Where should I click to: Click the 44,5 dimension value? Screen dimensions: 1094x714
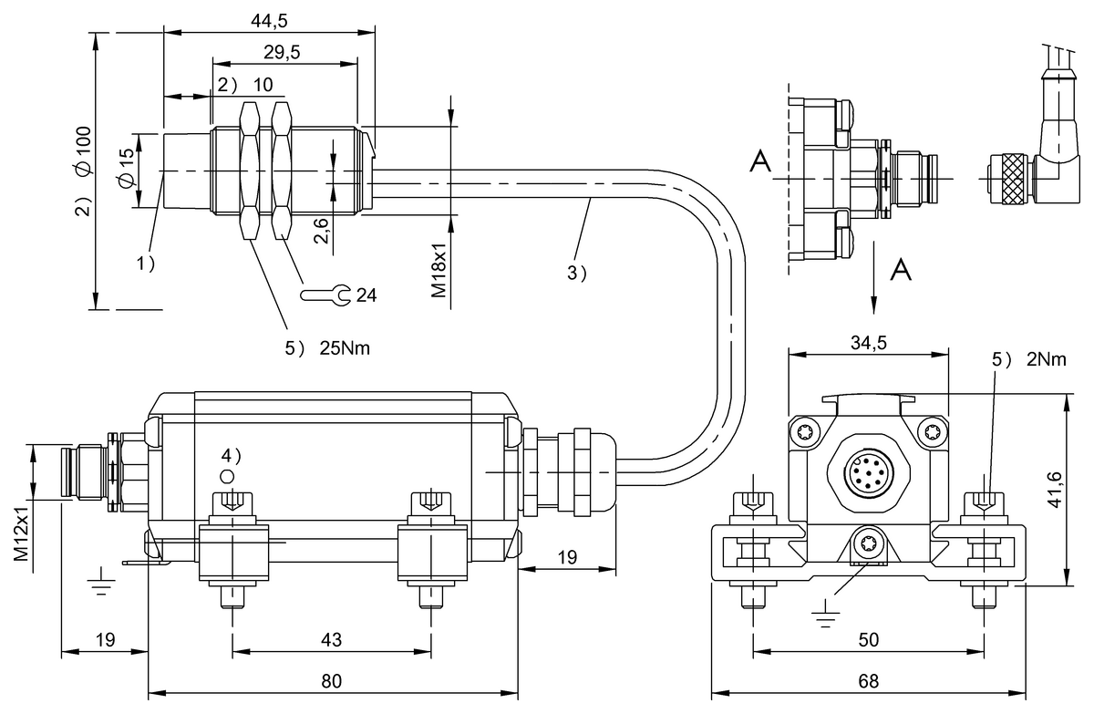[269, 20]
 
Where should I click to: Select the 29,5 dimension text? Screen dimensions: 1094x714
[282, 52]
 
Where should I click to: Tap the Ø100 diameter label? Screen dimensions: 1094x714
[84, 150]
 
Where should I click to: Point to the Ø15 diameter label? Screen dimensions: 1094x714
[126, 167]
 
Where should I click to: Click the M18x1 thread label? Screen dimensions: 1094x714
[439, 270]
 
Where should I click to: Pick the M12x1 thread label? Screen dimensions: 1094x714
[21, 533]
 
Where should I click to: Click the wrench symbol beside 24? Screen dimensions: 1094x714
[325, 295]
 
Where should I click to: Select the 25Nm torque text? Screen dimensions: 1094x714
[345, 348]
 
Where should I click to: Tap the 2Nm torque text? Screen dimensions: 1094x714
[1047, 359]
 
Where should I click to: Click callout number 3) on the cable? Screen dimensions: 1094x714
[576, 273]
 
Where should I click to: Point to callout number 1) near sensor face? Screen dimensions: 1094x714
[145, 264]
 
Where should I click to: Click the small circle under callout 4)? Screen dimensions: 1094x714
[227, 476]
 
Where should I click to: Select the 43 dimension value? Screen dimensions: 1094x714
[332, 640]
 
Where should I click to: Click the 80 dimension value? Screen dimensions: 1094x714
[332, 681]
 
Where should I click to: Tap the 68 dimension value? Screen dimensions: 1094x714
[868, 681]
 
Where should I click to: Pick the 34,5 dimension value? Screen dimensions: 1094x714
[868, 343]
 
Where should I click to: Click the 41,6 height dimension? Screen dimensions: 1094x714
[1056, 490]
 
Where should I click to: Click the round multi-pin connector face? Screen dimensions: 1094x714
[870, 472]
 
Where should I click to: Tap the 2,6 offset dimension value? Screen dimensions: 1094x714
[321, 231]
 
